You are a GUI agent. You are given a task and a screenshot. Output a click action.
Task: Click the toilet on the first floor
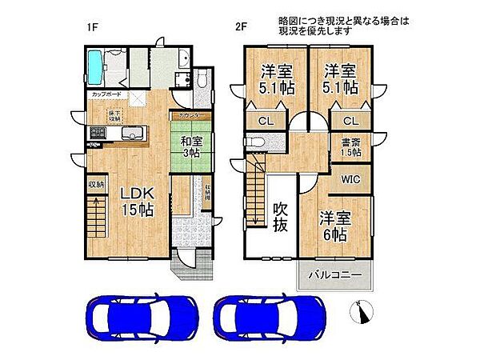pos(202,80)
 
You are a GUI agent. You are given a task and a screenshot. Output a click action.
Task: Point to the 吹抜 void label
pos(280,216)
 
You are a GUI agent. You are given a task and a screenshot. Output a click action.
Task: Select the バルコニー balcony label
pos(334,274)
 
